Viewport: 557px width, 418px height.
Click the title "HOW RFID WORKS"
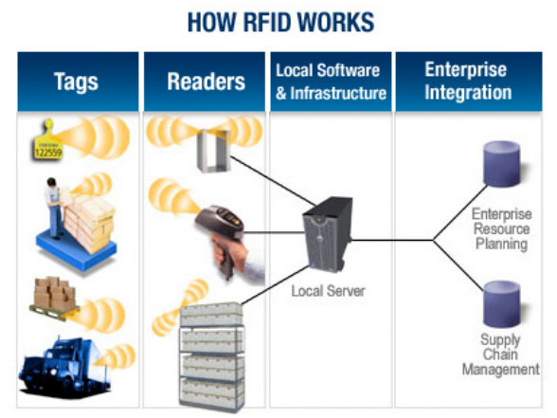(280, 22)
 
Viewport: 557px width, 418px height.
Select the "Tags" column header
(78, 82)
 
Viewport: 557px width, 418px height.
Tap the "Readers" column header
(205, 82)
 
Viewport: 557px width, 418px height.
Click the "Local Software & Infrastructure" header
(331, 82)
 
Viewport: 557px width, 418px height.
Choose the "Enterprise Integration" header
(469, 82)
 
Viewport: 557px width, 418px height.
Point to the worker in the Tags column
(54, 208)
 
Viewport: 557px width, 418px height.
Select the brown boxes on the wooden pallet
(54, 294)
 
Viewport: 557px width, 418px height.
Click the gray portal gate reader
(214, 151)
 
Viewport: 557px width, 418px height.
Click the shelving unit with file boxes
(212, 356)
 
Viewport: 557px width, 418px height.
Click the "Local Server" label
(328, 291)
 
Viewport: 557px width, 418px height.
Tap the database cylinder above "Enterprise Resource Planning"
(502, 163)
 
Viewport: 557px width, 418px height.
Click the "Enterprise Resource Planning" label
(502, 229)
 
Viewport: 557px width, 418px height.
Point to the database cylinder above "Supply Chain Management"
(502, 304)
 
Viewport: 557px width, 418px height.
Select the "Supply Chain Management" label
(501, 354)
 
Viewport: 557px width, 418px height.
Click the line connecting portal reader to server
(274, 181)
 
